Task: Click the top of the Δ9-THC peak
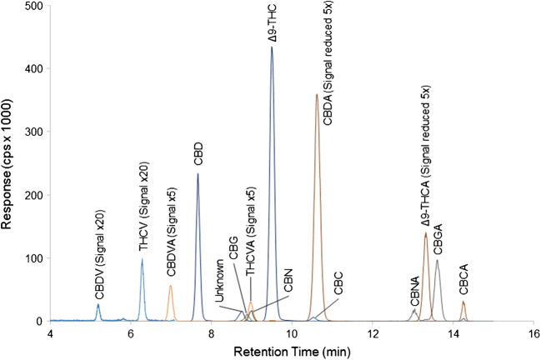pos(272,47)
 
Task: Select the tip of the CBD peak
pos(198,173)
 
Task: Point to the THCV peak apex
pos(142,259)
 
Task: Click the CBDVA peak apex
pos(170,286)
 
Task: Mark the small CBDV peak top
pos(98,304)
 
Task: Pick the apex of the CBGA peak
pos(437,260)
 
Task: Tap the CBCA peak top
pos(463,302)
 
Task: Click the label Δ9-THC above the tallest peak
pos(272,26)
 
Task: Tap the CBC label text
pos(338,280)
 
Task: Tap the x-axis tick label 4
pos(51,333)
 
